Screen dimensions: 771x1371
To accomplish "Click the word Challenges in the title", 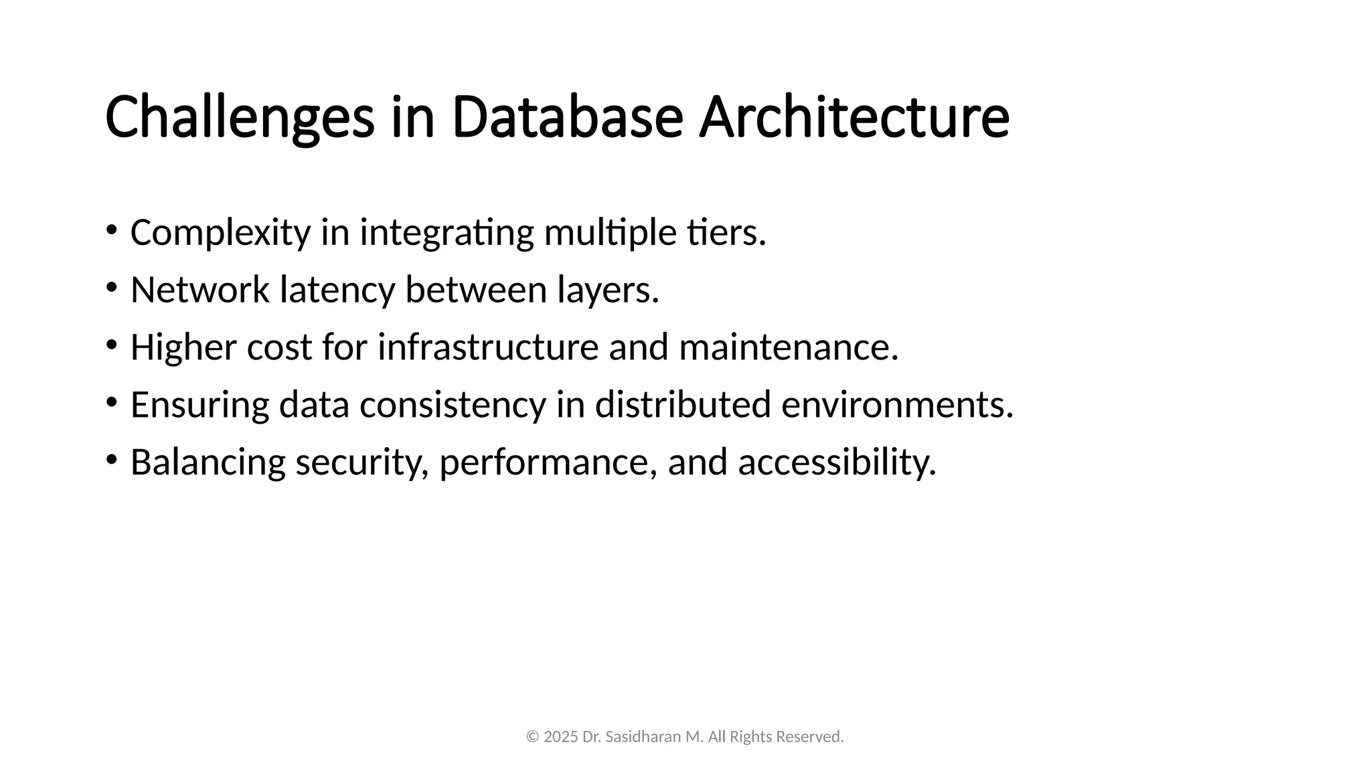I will point(239,118).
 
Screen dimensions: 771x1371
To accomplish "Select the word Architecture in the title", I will point(854,118).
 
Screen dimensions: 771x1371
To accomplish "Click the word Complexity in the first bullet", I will point(220,234).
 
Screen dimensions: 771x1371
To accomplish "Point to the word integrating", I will point(447,234).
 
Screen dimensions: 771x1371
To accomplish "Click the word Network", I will point(199,290).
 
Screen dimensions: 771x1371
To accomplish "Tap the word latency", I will point(337,291).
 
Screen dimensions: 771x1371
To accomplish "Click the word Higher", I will point(183,347).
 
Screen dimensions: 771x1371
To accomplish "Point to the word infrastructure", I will point(488,347).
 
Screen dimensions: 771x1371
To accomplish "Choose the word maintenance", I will point(788,347).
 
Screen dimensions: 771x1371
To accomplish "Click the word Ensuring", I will point(199,406).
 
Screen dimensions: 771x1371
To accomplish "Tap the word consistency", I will point(453,406).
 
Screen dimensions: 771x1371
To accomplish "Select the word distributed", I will point(683,405).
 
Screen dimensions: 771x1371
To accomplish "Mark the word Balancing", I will point(208,463).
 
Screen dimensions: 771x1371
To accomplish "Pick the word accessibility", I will point(837,463).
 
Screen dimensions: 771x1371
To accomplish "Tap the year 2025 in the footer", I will point(560,737).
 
